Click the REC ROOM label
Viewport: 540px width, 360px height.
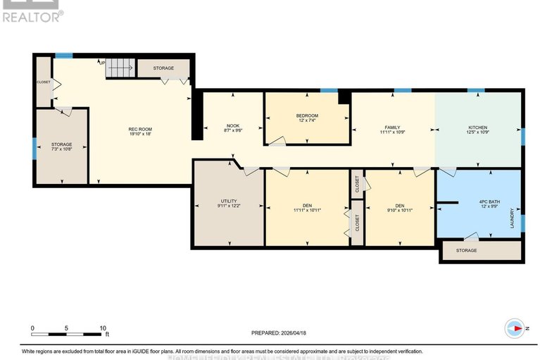coord(139,129)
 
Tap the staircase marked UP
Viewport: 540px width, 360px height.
coord(120,68)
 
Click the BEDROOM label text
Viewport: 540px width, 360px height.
coord(307,116)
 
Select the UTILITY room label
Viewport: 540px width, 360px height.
coord(228,201)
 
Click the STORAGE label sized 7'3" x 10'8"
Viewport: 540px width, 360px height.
coord(61,144)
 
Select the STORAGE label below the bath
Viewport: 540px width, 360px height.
coord(465,250)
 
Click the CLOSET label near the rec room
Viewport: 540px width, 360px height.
coord(44,82)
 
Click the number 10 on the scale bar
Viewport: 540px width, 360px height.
coord(103,328)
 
